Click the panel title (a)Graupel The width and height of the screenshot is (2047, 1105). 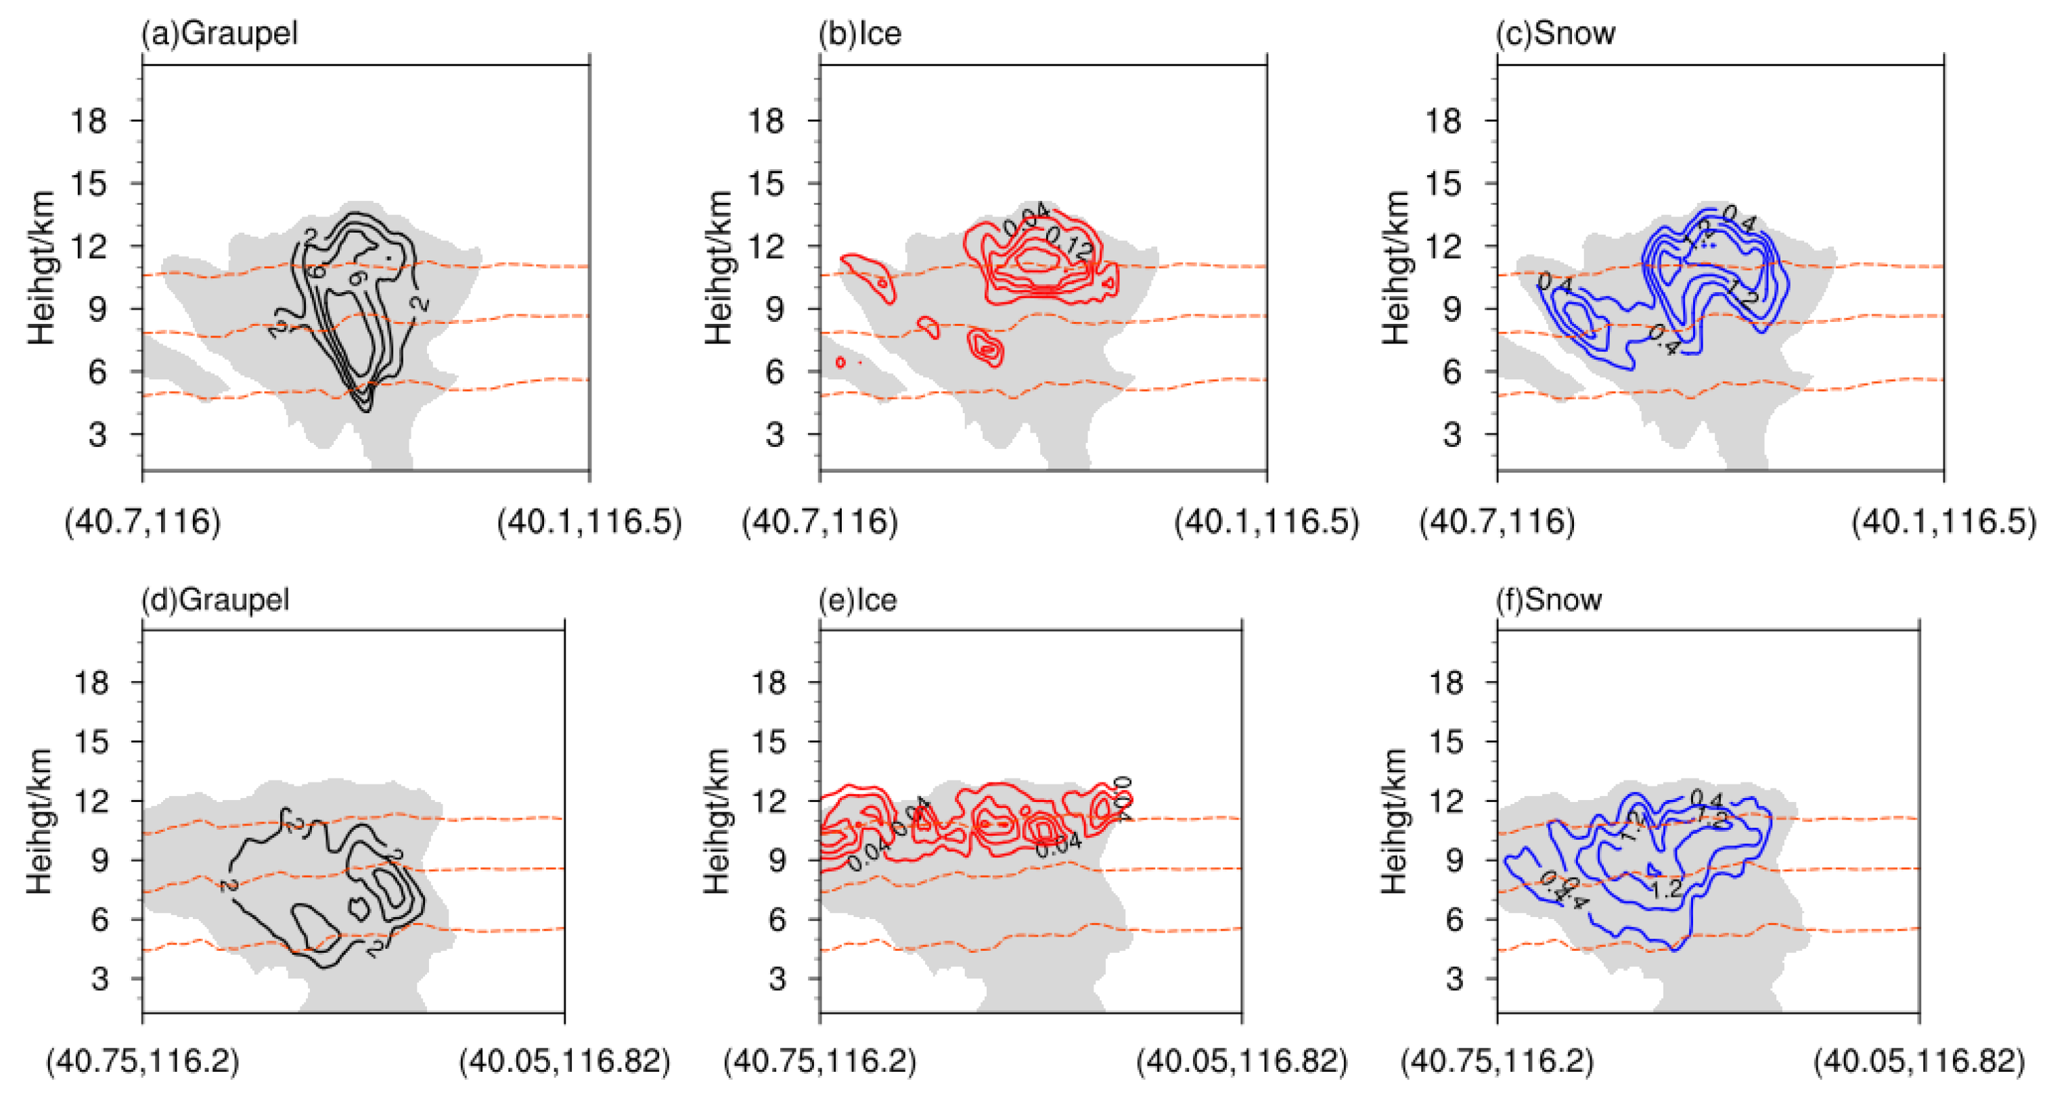(219, 33)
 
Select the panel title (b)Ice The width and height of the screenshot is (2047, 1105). (860, 33)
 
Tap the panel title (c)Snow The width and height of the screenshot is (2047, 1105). (1555, 33)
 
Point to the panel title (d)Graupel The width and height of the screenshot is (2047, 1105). (215, 600)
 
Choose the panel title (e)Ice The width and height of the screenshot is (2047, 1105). (857, 600)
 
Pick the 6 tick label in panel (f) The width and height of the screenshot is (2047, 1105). (1454, 920)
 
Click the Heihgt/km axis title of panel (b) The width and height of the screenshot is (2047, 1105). (719, 268)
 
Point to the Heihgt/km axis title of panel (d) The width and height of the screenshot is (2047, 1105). (40, 820)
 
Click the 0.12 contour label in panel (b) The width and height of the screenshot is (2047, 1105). (1069, 243)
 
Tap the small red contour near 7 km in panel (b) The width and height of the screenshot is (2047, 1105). (986, 348)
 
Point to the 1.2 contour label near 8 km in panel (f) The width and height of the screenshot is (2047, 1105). (1665, 888)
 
